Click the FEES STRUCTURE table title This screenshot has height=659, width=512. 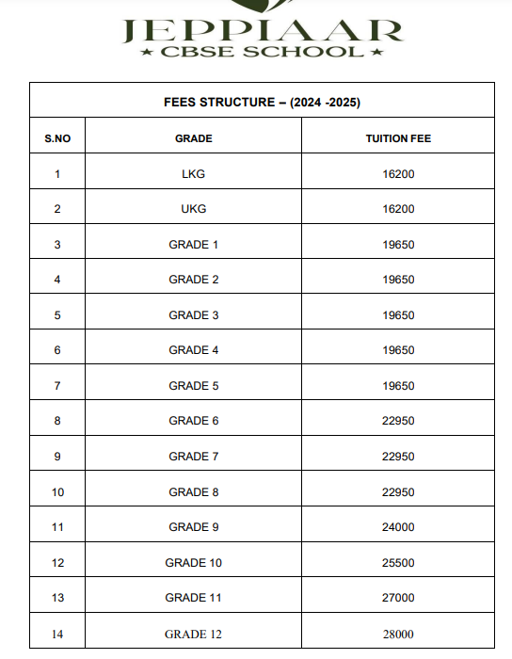263,102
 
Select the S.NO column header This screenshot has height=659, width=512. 57,138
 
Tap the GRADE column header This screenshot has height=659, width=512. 194,138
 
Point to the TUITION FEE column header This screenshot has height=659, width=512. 399,138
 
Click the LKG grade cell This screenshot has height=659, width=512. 194,173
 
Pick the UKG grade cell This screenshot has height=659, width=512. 194,209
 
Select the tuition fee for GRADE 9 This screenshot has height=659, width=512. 399,527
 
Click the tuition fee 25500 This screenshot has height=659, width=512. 399,563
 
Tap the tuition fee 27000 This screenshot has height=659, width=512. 399,598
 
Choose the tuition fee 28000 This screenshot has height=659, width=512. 399,635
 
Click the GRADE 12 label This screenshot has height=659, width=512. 194,635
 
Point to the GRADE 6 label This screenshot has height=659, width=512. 194,421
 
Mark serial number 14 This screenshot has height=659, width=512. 57,635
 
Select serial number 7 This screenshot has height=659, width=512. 57,386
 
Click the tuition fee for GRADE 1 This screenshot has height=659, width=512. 399,245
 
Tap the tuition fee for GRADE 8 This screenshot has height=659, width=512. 399,492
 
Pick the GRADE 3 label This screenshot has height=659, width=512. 194,315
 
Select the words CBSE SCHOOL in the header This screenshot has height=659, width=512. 263,52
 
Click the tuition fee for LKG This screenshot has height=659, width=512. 399,173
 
